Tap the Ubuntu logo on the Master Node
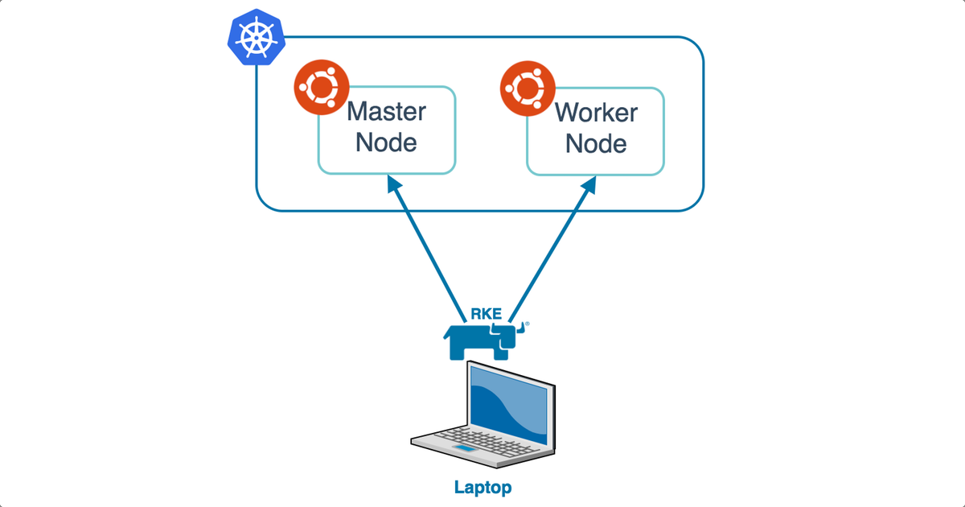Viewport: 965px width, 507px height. click(x=322, y=87)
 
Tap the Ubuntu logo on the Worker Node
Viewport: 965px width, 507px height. click(x=528, y=87)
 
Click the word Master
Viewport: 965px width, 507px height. click(x=386, y=111)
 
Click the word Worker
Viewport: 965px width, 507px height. click(x=596, y=111)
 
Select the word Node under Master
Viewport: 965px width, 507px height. click(x=386, y=143)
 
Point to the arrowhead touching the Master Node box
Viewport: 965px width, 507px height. click(x=393, y=184)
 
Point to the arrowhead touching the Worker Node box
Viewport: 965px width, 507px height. click(x=589, y=184)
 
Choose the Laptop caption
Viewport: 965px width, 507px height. click(x=482, y=487)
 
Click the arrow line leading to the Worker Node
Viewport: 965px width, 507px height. click(x=551, y=249)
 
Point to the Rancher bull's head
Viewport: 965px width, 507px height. click(x=508, y=333)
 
